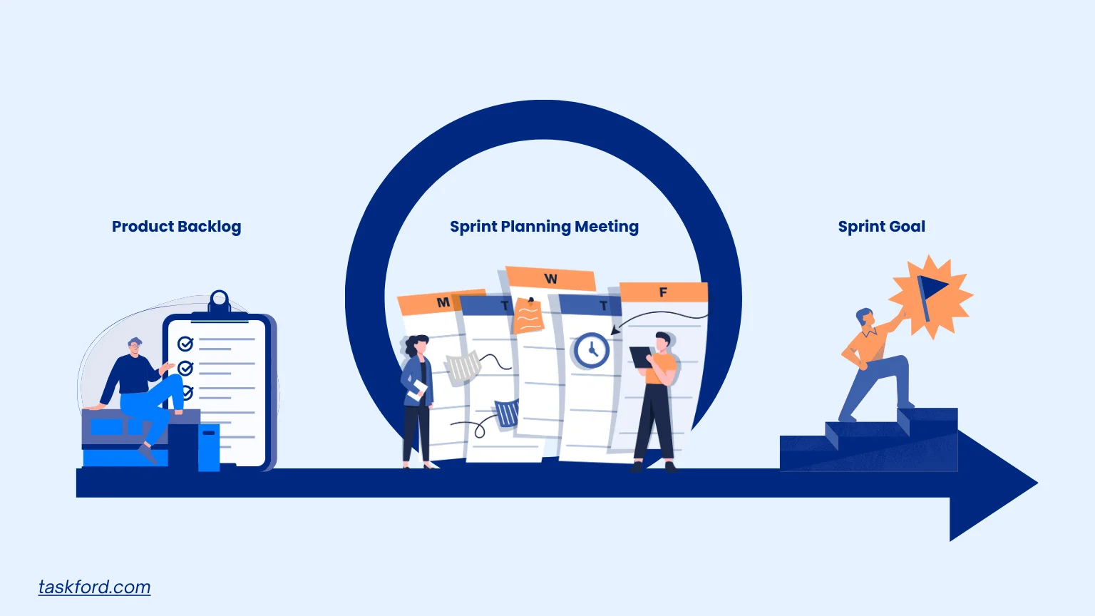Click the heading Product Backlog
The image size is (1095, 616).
176,227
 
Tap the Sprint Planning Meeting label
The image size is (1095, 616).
544,227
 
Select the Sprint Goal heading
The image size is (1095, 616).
881,227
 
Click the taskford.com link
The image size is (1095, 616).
94,587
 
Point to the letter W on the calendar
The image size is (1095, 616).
550,279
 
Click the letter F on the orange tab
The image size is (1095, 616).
663,292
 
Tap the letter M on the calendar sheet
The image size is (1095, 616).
443,302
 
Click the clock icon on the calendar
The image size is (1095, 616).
590,350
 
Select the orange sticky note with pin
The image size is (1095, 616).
528,316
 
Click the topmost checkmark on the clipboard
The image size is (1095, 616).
185,344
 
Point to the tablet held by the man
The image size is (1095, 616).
640,356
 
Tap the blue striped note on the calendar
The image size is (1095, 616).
507,413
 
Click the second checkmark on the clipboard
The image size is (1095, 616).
185,369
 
